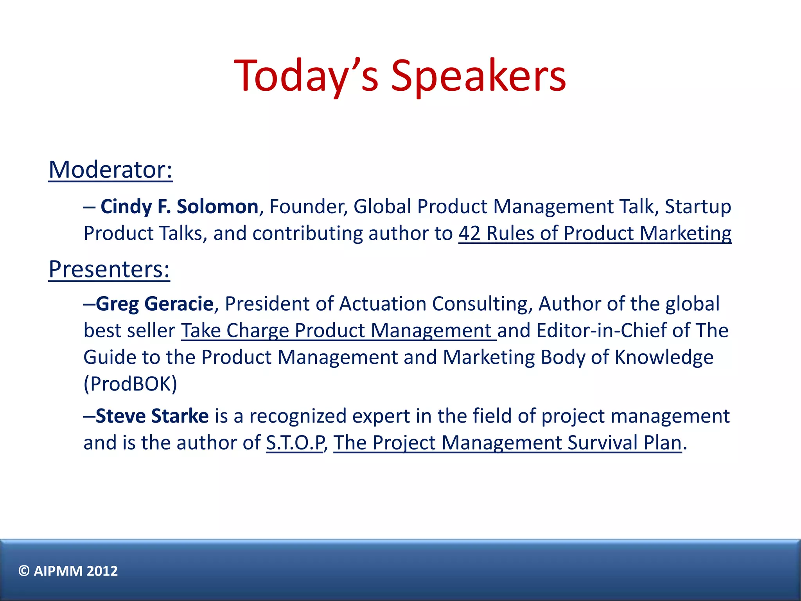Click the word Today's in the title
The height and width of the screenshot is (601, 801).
[306, 76]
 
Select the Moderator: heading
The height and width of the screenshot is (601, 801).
[110, 170]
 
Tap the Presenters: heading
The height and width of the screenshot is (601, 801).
[109, 269]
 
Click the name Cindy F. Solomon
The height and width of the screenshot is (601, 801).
[179, 207]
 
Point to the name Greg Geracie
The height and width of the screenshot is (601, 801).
[154, 304]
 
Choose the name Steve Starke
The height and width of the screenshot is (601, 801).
[152, 416]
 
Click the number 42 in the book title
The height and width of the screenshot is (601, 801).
[469, 234]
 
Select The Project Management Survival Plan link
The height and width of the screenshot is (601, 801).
[507, 443]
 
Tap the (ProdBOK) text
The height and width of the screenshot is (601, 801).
[130, 384]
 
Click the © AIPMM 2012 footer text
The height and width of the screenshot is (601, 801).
[68, 571]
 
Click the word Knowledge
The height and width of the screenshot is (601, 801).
[664, 357]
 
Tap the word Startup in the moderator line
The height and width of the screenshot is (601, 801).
[697, 207]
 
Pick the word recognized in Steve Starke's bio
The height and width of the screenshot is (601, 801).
[298, 416]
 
